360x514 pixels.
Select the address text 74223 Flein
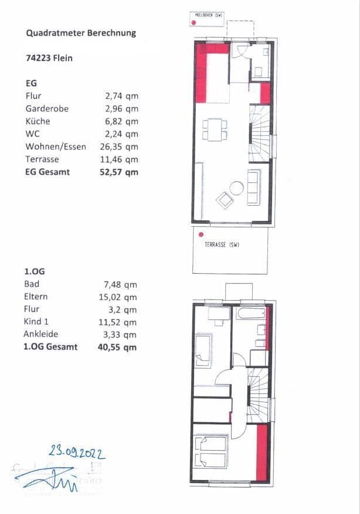pos(49,59)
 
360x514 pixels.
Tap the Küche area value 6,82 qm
pos(121,121)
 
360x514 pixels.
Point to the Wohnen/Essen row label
pos(56,147)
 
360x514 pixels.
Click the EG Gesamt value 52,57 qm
pos(120,172)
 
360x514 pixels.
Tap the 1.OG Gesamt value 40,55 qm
pos(118,347)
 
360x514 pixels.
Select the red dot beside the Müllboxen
pos(193,23)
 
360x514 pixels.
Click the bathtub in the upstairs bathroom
pos(250,314)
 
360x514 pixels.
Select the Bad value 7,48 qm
pos(121,284)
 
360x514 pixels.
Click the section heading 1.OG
pos(35,273)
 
